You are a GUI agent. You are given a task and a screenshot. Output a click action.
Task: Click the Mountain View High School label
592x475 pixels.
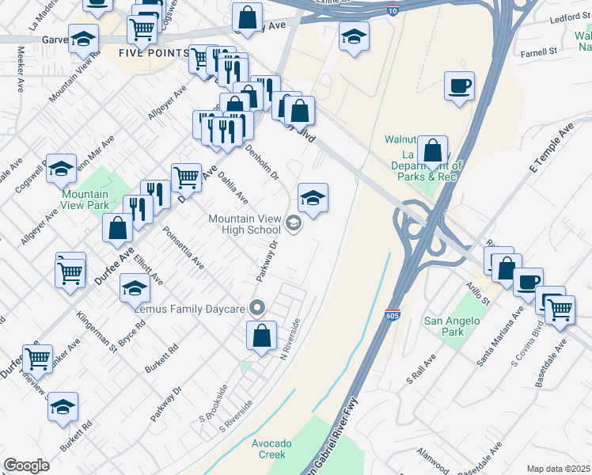tap(244, 225)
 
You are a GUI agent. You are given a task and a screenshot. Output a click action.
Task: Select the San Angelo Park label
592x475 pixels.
tap(452, 326)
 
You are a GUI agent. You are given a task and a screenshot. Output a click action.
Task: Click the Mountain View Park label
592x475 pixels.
tap(85, 199)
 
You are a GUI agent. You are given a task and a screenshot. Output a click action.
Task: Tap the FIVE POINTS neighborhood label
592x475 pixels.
tap(154, 53)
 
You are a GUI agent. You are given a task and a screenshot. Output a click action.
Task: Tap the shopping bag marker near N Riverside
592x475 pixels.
tap(261, 336)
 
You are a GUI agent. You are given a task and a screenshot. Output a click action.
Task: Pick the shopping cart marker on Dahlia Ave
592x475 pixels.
tap(187, 177)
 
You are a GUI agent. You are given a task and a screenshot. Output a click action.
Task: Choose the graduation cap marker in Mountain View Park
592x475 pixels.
tap(61, 168)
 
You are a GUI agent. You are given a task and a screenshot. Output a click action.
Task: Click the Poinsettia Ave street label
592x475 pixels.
tap(183, 248)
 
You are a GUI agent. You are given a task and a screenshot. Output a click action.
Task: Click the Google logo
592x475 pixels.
tap(26, 465)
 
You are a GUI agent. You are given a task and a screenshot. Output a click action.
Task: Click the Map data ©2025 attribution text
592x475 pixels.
tap(558, 469)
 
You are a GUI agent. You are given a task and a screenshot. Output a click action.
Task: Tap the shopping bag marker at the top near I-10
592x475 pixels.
tap(248, 17)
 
